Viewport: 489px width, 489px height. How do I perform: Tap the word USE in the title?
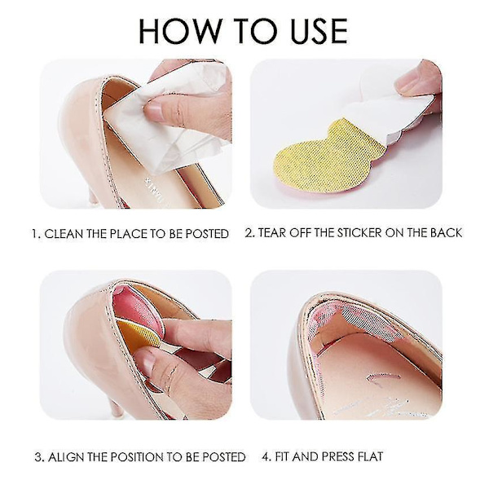tap(319, 31)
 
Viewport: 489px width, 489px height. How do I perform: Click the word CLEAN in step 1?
tap(64, 234)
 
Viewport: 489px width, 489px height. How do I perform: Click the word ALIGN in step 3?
tap(66, 457)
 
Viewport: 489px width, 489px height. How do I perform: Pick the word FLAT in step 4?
tap(369, 456)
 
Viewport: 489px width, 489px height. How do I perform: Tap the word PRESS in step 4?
tap(337, 456)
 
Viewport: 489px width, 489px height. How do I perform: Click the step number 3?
tap(38, 457)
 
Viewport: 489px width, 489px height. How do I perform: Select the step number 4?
tap(266, 456)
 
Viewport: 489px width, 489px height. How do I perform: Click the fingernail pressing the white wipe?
tap(154, 112)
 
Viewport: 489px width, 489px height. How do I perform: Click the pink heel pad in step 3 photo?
tap(137, 308)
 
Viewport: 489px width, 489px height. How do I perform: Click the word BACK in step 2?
tap(446, 233)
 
